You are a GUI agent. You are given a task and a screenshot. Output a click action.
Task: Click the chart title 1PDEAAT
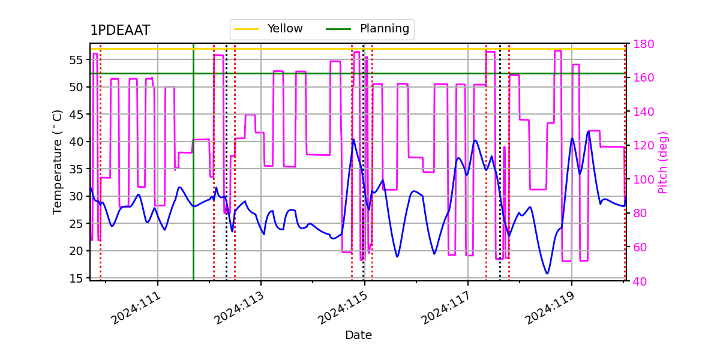click(x=120, y=31)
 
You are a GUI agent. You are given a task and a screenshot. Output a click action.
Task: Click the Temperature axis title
click(x=58, y=161)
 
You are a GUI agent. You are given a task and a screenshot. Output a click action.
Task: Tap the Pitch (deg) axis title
click(x=662, y=162)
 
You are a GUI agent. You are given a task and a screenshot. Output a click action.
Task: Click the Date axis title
click(x=358, y=335)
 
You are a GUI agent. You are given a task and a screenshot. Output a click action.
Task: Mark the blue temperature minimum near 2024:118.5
click(x=547, y=274)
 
